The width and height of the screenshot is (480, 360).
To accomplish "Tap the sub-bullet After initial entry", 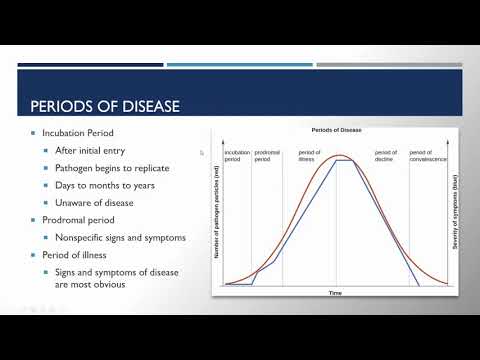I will click(x=93, y=151).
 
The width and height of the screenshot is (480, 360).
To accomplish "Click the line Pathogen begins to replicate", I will click(x=112, y=168).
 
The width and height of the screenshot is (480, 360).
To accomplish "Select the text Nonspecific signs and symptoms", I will click(x=121, y=236).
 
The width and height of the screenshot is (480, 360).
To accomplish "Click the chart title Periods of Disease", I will click(x=335, y=131).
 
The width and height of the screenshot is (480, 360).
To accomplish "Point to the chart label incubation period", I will click(x=237, y=155).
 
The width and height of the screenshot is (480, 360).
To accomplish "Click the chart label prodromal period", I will click(x=267, y=155).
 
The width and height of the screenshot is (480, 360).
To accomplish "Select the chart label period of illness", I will click(x=309, y=155).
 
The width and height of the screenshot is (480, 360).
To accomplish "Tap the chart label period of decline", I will click(x=386, y=155).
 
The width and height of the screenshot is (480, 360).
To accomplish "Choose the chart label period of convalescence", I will click(x=422, y=155).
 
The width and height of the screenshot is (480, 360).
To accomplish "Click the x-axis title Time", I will click(x=336, y=293).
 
